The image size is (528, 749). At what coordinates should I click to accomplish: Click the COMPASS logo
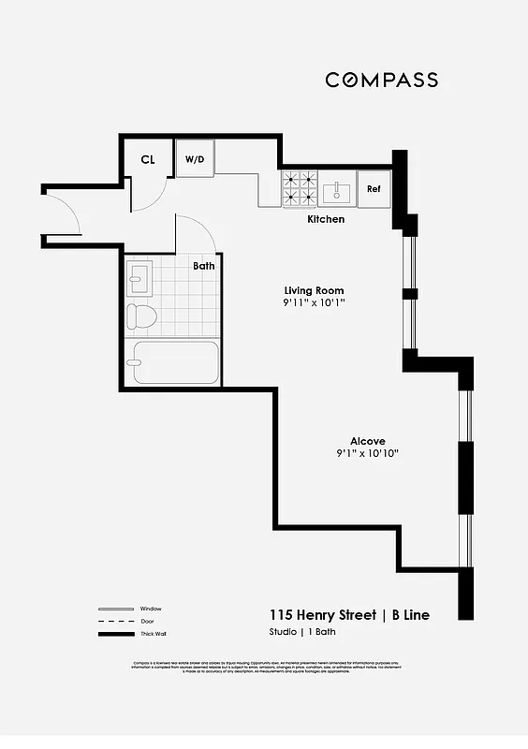(381, 80)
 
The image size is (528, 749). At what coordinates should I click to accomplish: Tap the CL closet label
(148, 159)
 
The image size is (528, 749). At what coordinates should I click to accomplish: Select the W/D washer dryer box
(195, 159)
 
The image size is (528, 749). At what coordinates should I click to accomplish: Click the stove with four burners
(300, 189)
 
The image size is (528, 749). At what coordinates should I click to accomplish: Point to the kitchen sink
(336, 192)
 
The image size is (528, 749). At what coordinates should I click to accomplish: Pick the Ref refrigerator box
(374, 189)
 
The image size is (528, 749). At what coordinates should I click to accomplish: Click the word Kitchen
(326, 219)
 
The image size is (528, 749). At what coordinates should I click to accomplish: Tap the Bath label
(204, 266)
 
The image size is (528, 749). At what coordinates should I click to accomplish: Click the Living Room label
(315, 290)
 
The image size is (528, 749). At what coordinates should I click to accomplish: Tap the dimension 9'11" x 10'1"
(315, 303)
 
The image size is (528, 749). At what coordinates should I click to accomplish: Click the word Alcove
(368, 441)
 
